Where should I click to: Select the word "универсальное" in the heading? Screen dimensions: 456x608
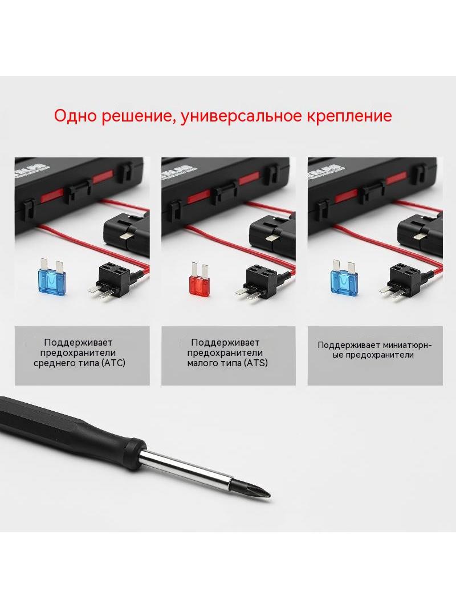pos(241,116)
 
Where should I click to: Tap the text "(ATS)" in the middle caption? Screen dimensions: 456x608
pos(256,363)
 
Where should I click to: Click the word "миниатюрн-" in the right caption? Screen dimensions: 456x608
pos(406,345)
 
